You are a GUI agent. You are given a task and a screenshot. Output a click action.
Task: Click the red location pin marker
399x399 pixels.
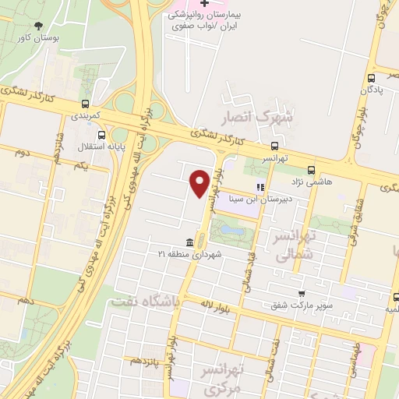click(200, 182)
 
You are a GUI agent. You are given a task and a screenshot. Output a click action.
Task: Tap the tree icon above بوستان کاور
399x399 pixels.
click(39, 26)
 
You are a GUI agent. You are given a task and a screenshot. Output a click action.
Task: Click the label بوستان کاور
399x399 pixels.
click(38, 37)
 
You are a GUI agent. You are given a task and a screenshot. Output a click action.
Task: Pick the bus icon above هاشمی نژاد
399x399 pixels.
click(312, 169)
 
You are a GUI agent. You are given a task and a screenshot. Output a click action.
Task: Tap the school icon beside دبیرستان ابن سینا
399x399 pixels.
click(260, 187)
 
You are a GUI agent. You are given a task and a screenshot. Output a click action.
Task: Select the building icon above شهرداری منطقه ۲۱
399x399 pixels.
click(189, 242)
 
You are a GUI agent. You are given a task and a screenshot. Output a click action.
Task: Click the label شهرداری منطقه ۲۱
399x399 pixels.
click(190, 255)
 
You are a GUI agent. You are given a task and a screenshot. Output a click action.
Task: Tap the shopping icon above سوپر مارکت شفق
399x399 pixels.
click(301, 294)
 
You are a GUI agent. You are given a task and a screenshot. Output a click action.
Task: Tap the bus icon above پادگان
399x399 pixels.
click(371, 78)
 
